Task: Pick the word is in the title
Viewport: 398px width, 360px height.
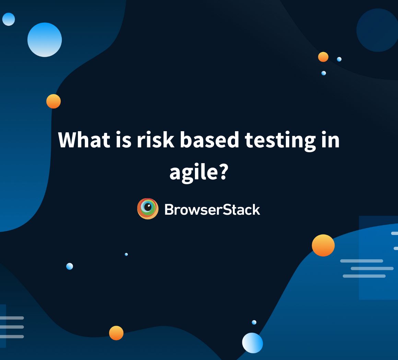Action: [121, 140]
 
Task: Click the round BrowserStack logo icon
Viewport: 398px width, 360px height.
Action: [148, 209]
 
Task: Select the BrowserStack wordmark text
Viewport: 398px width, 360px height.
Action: [212, 209]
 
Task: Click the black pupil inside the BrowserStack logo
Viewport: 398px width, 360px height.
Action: [148, 207]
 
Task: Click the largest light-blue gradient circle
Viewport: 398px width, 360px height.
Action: [45, 40]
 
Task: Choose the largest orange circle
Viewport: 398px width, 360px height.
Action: [323, 245]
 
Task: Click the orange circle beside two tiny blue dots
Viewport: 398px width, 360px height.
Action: [323, 57]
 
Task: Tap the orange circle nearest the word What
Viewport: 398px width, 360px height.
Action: [54, 101]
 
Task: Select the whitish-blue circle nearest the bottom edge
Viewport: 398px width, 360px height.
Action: [253, 343]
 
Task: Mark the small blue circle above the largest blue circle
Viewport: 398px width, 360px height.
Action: [9, 19]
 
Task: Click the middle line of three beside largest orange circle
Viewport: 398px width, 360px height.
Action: [372, 268]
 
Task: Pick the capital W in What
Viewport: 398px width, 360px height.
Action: [67, 140]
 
